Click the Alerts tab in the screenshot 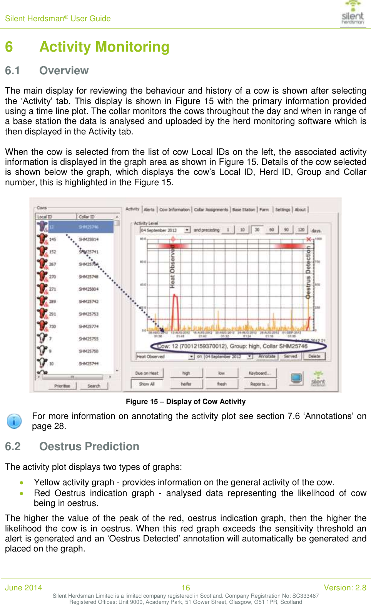[149, 209]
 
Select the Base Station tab [244, 209]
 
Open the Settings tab [282, 209]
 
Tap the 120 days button [301, 230]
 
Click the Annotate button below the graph [267, 356]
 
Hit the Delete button [314, 356]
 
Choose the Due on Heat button [147, 373]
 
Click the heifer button [186, 384]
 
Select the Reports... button [260, 384]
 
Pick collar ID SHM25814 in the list [89, 239]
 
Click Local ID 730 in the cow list [52, 326]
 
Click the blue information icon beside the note [14, 421]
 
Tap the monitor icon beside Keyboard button [296, 378]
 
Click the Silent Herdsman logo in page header [353, 13]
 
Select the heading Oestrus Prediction [89, 446]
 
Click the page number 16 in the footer [185, 588]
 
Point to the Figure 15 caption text [185, 402]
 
